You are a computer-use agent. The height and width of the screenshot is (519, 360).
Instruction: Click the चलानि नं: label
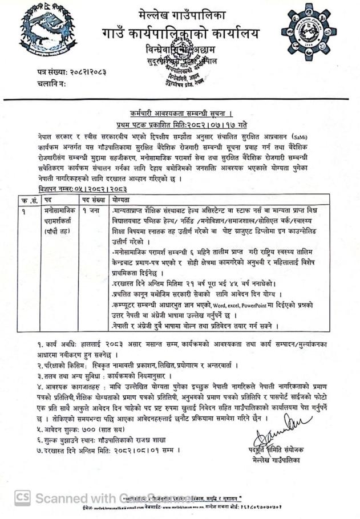click(x=51, y=84)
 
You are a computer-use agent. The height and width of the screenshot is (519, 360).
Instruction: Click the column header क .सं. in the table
click(x=26, y=201)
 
